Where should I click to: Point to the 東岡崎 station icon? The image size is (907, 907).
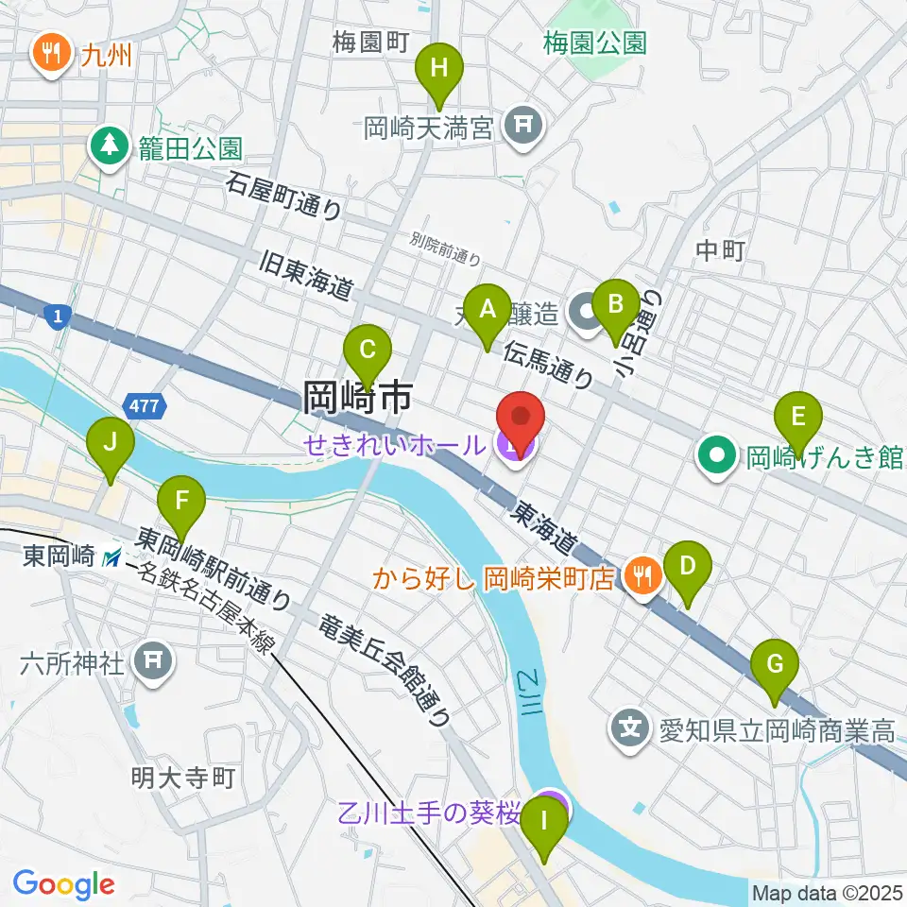111,558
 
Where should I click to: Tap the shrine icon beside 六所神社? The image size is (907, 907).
155,662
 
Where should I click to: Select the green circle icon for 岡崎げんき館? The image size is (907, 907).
717,458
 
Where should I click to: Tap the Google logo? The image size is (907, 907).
63,884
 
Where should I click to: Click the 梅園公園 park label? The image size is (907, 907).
594,43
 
